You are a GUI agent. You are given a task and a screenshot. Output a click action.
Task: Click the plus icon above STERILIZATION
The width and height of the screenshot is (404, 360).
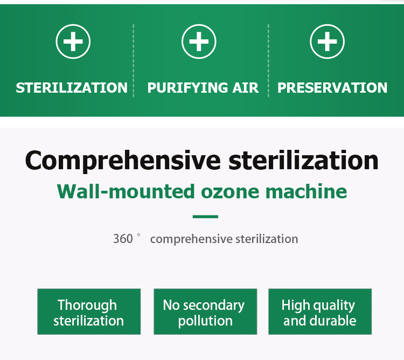[73, 41]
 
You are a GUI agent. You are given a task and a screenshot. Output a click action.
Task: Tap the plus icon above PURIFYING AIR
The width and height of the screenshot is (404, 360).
[199, 41]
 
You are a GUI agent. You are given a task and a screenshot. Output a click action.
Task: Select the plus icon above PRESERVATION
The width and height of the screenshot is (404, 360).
[327, 41]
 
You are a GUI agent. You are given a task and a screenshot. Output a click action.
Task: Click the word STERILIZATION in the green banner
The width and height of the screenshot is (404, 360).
[72, 88]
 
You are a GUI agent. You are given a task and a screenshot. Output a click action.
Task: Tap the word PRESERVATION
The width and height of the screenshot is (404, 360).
[332, 88]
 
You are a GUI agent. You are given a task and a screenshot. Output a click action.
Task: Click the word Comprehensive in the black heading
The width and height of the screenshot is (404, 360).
[123, 161]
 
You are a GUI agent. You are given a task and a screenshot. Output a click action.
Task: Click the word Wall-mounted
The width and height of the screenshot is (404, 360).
[126, 191]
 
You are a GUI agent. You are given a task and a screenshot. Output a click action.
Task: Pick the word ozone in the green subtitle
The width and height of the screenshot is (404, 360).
[230, 193]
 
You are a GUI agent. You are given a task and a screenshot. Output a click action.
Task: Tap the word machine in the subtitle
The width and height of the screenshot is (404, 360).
[306, 191]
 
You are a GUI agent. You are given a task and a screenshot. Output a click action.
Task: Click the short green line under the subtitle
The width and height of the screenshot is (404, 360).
[205, 217]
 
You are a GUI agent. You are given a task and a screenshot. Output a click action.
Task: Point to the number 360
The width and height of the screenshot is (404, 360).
[123, 239]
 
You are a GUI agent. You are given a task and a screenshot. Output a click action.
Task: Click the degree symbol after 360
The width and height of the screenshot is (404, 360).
[138, 235]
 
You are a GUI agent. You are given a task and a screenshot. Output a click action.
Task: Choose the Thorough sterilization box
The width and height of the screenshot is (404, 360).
[89, 311]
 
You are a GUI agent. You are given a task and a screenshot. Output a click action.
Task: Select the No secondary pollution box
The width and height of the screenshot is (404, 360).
[205, 311]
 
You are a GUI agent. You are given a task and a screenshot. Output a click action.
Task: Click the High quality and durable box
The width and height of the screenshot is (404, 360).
[320, 311]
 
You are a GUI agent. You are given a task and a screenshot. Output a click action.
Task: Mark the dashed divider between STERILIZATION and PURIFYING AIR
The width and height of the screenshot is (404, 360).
[134, 61]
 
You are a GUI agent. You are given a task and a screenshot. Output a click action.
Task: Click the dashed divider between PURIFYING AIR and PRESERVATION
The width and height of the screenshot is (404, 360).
[268, 61]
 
